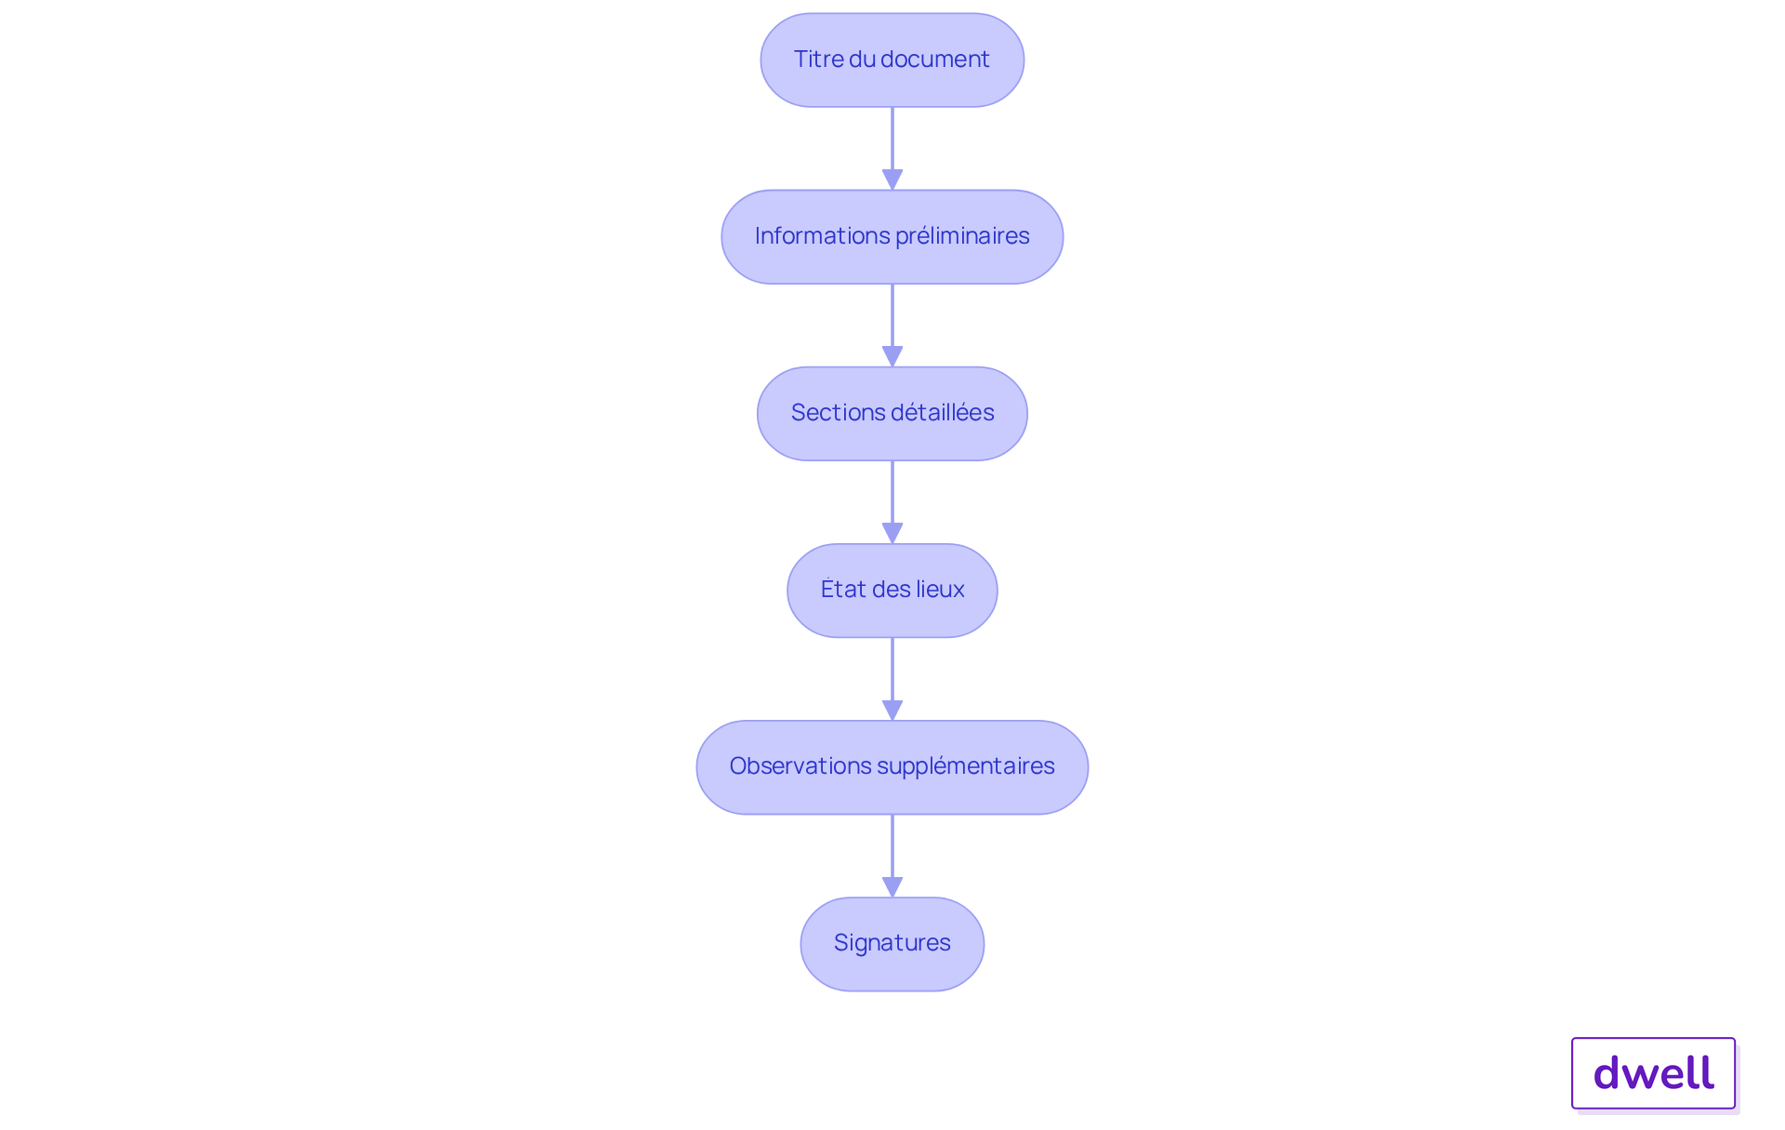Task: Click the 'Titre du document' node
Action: [x=892, y=60]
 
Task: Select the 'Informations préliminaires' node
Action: [x=892, y=236]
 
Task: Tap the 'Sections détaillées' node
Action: [x=892, y=413]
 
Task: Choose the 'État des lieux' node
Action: [x=892, y=590]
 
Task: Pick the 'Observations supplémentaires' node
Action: [x=892, y=766]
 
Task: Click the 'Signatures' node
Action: [x=892, y=943]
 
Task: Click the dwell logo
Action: [x=1654, y=1073]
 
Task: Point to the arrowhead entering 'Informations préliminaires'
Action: [x=892, y=180]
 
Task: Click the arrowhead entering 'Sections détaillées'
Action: [x=892, y=357]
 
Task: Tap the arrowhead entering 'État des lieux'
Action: [x=892, y=534]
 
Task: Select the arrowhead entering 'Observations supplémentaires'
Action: [x=892, y=711]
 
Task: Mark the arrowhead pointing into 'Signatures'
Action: [x=892, y=887]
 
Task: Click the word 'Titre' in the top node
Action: [x=818, y=59]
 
